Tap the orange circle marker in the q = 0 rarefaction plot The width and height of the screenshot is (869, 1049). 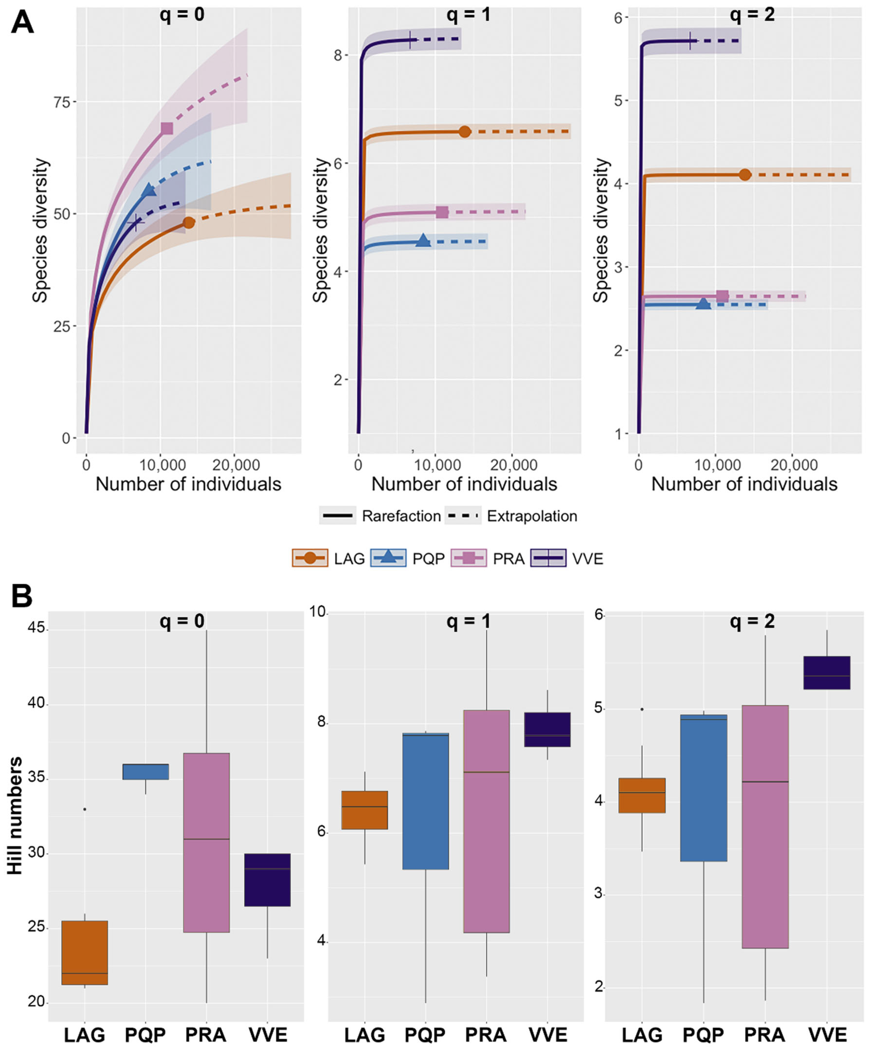[188, 223]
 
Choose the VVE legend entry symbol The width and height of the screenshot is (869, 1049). [548, 558]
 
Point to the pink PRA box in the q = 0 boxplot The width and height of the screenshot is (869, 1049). [206, 842]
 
